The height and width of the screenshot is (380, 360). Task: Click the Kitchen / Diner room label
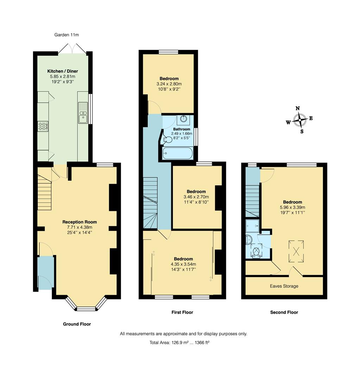click(x=63, y=71)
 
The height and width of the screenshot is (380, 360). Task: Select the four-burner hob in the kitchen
click(x=43, y=126)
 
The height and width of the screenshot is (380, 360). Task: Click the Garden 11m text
click(x=67, y=35)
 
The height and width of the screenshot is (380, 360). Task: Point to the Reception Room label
click(x=80, y=222)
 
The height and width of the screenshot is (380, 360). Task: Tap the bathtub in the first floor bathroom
click(x=178, y=153)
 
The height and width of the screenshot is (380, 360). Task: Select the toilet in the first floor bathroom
click(x=167, y=140)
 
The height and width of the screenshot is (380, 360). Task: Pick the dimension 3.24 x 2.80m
click(x=169, y=84)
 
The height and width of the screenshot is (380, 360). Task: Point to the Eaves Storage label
click(x=284, y=286)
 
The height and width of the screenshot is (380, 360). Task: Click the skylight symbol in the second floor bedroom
click(x=297, y=251)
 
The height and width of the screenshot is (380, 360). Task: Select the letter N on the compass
click(x=297, y=108)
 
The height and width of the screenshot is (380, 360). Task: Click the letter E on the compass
click(x=311, y=119)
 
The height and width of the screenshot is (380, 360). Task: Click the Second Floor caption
click(x=284, y=312)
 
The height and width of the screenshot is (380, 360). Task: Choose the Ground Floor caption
click(x=77, y=324)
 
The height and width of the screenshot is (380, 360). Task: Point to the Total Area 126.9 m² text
click(x=179, y=342)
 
